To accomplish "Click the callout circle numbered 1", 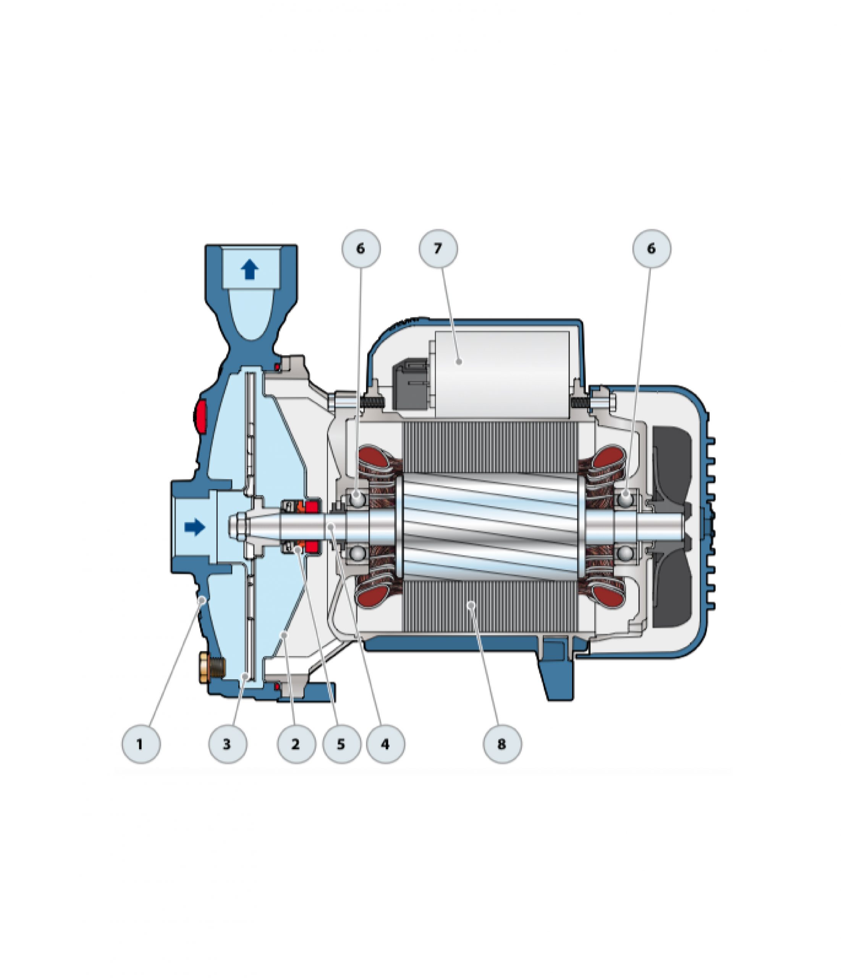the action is click(141, 744).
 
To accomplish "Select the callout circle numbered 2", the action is click(296, 744).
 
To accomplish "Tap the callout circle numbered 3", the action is click(228, 744).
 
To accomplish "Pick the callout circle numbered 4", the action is click(386, 744).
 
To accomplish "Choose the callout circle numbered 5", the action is click(341, 744).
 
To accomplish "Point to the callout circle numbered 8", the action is click(502, 744).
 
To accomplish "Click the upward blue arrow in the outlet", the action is click(250, 270).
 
